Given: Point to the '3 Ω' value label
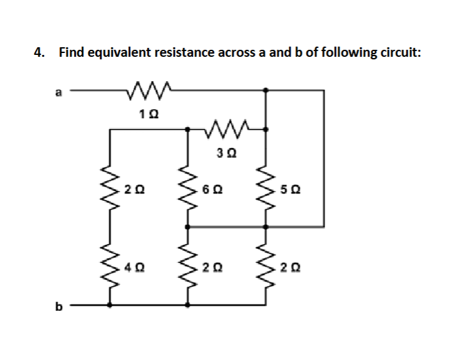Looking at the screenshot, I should [x=224, y=153].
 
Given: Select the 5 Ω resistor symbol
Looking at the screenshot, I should [x=266, y=189].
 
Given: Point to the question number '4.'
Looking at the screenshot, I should [x=40, y=54].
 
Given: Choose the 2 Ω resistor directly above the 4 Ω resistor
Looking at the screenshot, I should [x=110, y=189].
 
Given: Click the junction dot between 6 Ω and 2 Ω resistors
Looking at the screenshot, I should [x=187, y=227].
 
